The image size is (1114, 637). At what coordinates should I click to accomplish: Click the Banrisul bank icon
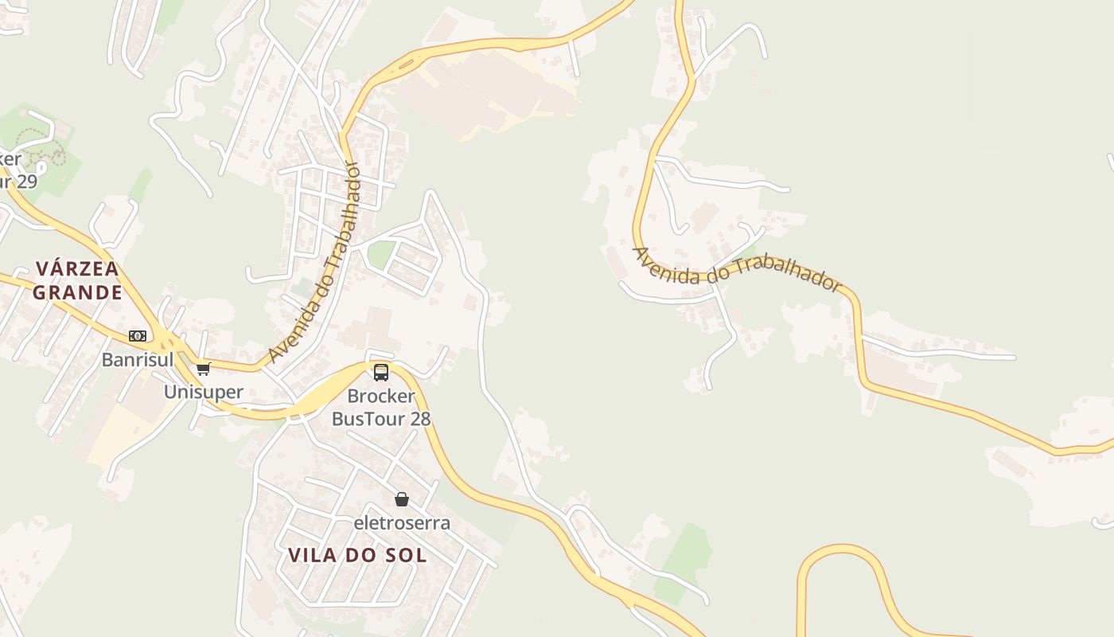(x=138, y=336)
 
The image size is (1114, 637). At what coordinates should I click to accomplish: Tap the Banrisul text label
(x=137, y=360)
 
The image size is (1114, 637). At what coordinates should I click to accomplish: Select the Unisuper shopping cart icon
(x=204, y=369)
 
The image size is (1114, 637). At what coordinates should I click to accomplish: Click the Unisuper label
(x=203, y=392)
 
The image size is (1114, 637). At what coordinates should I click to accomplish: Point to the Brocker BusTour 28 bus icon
(x=381, y=372)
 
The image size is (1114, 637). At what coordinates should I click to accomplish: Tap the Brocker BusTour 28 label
(x=381, y=407)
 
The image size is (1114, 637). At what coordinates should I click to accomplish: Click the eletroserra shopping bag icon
(x=402, y=499)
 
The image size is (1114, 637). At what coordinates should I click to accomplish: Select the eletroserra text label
(x=402, y=523)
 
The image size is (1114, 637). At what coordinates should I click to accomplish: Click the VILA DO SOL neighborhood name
(x=357, y=555)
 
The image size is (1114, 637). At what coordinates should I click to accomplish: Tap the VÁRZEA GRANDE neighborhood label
(x=77, y=280)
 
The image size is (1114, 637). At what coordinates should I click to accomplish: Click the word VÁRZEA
(x=77, y=268)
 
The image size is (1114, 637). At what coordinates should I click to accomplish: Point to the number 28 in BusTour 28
(x=419, y=418)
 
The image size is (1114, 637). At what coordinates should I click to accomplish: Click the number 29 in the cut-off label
(x=25, y=182)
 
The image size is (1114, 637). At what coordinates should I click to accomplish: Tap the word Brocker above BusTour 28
(x=381, y=396)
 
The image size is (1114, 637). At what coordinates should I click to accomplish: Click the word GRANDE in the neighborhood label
(x=77, y=292)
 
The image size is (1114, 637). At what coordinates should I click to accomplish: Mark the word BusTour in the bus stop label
(x=368, y=418)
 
